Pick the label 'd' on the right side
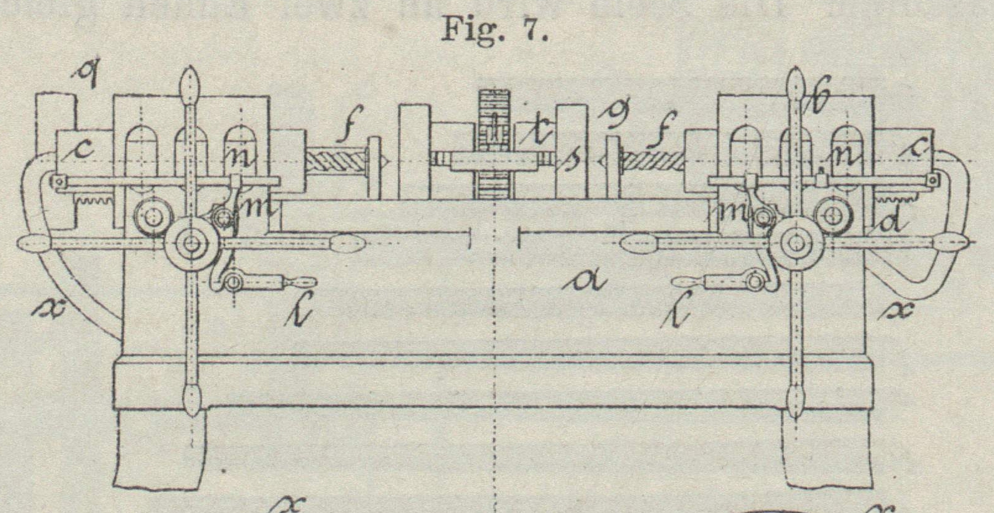[890, 222]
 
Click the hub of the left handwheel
[191, 244]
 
